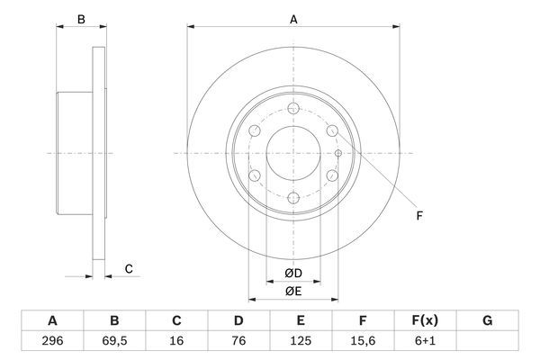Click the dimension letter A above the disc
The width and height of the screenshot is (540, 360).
pos(293,18)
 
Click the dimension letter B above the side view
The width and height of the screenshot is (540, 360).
pos(80,18)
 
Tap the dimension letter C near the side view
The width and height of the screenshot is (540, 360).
pos(129,268)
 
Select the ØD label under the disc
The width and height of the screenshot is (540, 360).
pos(293,273)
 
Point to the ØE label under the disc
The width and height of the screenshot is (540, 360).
pos(293,290)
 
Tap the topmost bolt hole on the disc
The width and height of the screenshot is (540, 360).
pos(293,108)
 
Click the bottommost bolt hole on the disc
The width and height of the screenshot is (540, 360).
pos(293,197)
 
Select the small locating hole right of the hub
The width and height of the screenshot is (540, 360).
pos(337,153)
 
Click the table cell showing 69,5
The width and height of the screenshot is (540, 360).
pos(114,341)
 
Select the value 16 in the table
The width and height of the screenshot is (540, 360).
pos(176,341)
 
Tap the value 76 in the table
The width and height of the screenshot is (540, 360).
pos(238,341)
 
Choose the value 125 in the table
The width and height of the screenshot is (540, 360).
pos(301,341)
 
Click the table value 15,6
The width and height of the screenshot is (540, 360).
pos(364,341)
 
